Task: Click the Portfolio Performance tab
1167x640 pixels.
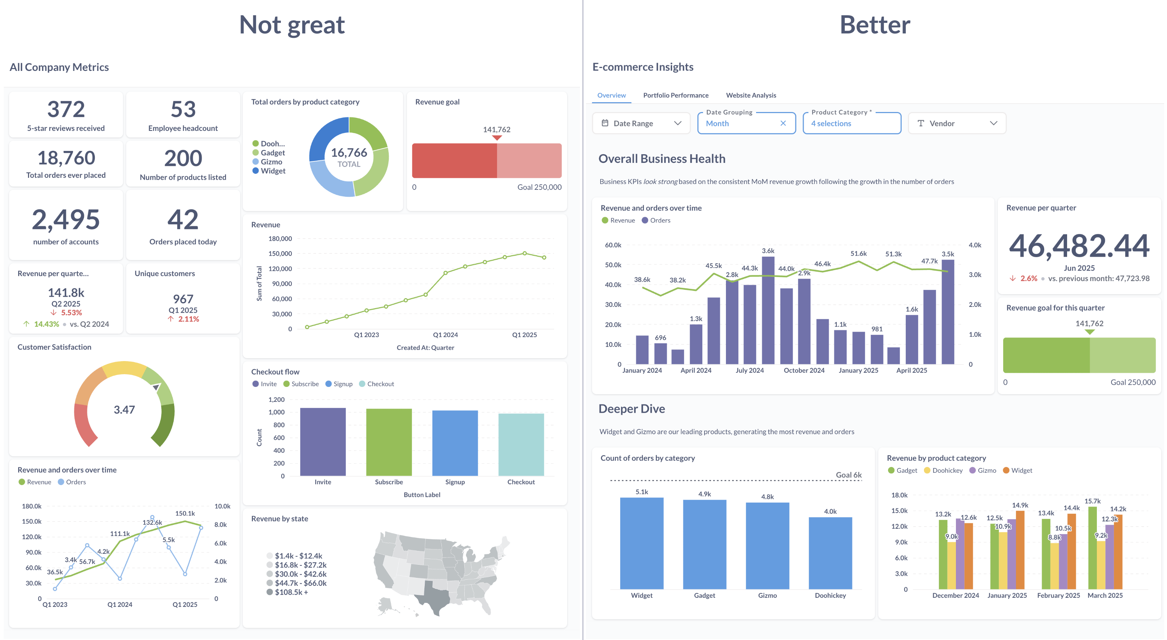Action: (x=675, y=95)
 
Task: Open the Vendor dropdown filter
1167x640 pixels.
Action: (x=956, y=123)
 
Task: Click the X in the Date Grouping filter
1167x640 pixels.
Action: (x=783, y=123)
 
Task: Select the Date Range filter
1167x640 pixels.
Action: (x=641, y=123)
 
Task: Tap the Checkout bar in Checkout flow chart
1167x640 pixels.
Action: (x=521, y=444)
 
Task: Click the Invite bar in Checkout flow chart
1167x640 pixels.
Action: (x=323, y=442)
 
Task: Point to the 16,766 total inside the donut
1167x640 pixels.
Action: (x=349, y=153)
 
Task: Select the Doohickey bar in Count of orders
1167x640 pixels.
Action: (x=830, y=553)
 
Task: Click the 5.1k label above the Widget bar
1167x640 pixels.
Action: (x=642, y=492)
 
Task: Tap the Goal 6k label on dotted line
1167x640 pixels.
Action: (x=848, y=475)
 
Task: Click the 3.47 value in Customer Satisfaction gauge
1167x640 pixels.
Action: (x=124, y=410)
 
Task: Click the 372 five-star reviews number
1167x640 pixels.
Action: (x=66, y=109)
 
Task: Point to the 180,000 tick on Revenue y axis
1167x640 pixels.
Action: (x=280, y=239)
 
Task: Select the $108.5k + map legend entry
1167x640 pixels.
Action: (x=291, y=592)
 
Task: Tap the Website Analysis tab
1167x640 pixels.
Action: (x=751, y=95)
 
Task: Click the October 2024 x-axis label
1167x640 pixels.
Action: (x=804, y=370)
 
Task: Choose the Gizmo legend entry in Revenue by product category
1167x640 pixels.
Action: (x=986, y=471)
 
